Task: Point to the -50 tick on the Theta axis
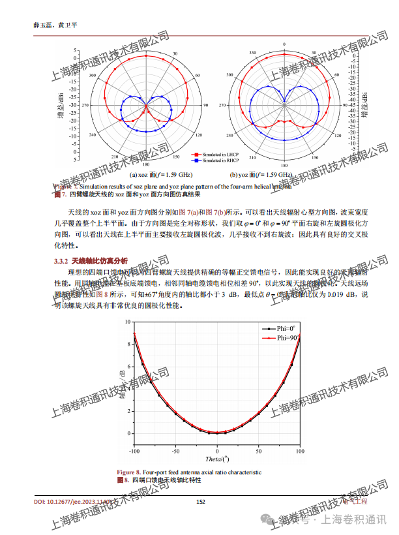coord(176,451)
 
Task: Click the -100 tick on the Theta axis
coord(134,451)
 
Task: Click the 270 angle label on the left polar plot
coord(85,104)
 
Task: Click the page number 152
coord(201,502)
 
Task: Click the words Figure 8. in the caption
coord(128,472)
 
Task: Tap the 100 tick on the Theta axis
coord(300,451)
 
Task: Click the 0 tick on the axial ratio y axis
coord(128,433)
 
